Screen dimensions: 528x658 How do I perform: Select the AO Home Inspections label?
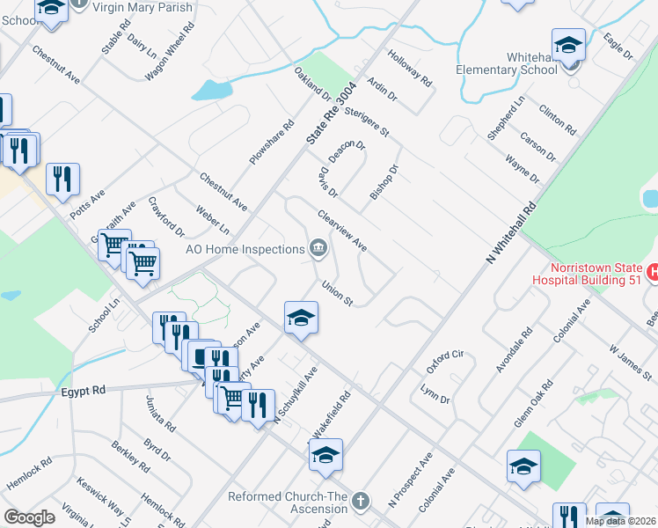245,249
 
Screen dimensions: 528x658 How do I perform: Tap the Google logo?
29,517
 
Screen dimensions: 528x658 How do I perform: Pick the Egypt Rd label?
84,391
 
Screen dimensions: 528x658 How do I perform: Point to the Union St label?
337,293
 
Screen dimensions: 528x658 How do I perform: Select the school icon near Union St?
300,317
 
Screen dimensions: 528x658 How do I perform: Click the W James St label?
630,363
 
